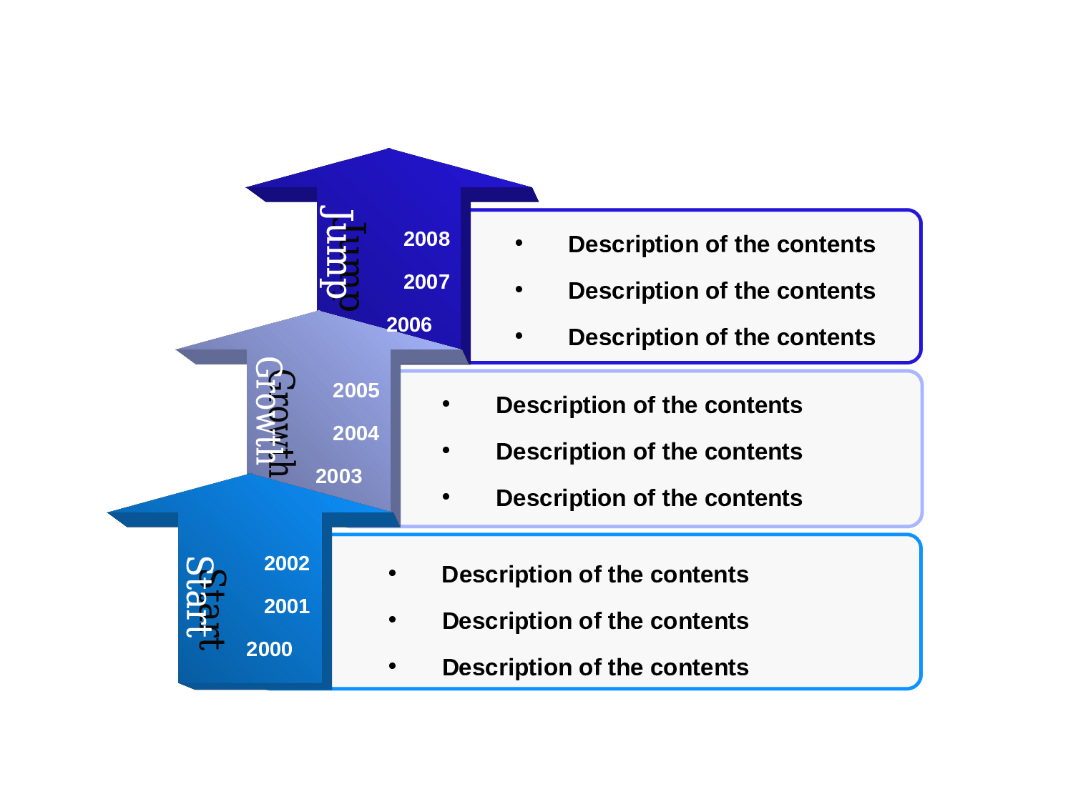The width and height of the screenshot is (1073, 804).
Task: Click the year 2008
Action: [426, 239]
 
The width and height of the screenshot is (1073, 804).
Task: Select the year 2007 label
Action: [426, 282]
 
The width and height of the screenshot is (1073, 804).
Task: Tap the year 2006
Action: [409, 324]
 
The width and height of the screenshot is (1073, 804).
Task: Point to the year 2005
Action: [356, 390]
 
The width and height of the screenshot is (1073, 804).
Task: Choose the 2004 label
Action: [356, 433]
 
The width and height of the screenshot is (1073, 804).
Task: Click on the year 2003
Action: [339, 476]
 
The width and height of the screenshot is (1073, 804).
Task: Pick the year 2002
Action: [286, 563]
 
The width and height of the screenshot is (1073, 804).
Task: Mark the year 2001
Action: [286, 606]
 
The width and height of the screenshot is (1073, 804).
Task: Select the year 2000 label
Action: [269, 649]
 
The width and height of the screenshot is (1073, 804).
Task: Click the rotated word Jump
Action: [342, 258]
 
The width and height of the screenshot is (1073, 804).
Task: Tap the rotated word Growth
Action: [275, 417]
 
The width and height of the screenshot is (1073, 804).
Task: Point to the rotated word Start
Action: [206, 603]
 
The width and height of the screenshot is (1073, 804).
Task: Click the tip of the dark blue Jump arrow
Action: [389, 149]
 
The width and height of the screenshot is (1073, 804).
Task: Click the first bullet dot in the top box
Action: [519, 242]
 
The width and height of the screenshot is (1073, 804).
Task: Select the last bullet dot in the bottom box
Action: [392, 666]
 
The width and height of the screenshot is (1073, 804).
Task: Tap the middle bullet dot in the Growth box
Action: [446, 450]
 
